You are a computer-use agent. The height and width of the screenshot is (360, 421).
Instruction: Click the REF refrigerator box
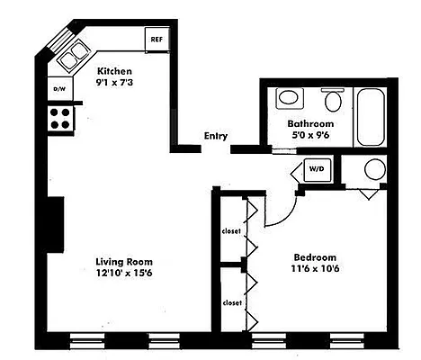click(x=157, y=40)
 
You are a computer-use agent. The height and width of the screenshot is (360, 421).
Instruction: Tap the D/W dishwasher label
click(x=59, y=90)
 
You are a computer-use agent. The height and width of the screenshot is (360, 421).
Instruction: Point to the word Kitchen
click(x=115, y=71)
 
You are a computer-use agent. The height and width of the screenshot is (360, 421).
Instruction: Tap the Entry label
click(x=215, y=137)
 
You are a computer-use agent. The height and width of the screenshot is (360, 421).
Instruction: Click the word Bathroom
click(x=310, y=123)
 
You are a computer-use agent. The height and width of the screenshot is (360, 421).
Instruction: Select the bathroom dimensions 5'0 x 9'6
click(x=310, y=136)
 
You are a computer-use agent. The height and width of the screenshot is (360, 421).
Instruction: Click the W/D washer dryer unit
click(x=316, y=168)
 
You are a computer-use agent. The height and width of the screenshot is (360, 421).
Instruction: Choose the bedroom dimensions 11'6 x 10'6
click(x=314, y=268)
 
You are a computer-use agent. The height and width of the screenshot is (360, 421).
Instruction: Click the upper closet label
click(x=231, y=231)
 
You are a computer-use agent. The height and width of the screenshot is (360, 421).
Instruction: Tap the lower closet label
click(x=231, y=302)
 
